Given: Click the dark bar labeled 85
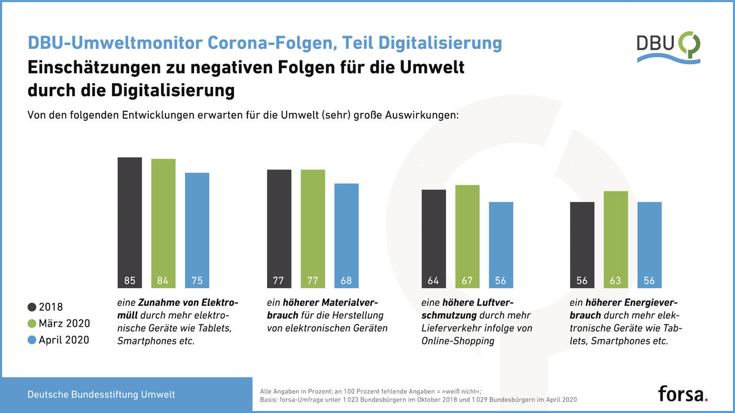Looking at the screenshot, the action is (x=130, y=223).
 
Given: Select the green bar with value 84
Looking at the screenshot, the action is (x=164, y=223).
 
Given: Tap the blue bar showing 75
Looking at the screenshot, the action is (x=197, y=231).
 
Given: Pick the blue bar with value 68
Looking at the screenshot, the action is (x=347, y=236).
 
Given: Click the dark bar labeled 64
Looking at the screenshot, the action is (x=434, y=239).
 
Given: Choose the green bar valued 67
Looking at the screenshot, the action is (x=467, y=237).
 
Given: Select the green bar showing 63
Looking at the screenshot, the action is (x=616, y=240).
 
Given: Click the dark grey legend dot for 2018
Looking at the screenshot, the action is (x=32, y=307).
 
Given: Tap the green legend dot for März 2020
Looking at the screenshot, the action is (x=32, y=324).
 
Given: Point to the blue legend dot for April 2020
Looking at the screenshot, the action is (x=32, y=340).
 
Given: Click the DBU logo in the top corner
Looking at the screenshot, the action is (x=668, y=48).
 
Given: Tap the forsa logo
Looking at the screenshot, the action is (x=683, y=393).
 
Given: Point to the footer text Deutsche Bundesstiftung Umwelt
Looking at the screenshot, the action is (x=101, y=394).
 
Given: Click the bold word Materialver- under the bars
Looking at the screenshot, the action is (x=330, y=302).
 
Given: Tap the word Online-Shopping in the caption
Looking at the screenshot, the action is (x=458, y=341).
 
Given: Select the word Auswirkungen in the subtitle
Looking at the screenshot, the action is (x=421, y=115).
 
